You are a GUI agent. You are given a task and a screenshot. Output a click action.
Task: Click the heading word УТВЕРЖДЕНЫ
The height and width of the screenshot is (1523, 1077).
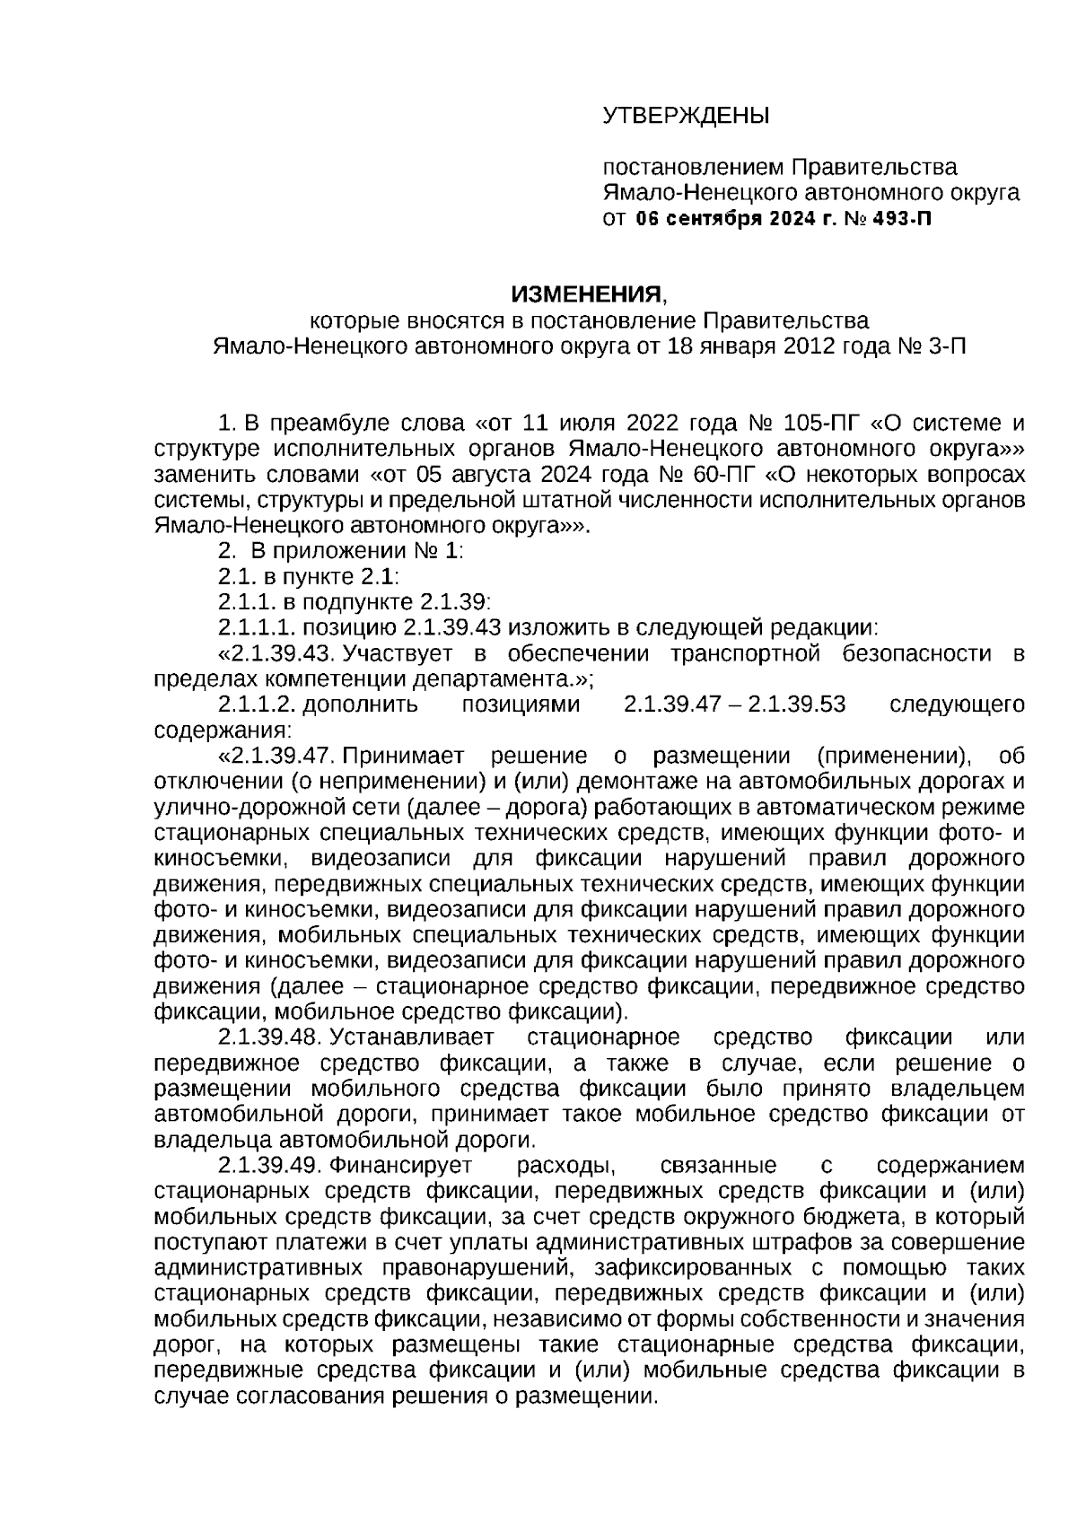[x=686, y=116]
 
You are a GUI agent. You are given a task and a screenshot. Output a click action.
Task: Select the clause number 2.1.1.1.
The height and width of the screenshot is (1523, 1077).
[x=256, y=627]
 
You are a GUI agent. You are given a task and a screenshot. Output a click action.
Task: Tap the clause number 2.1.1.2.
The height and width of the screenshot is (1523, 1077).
[x=256, y=704]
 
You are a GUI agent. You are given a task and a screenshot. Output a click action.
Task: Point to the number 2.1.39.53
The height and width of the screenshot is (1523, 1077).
[x=798, y=704]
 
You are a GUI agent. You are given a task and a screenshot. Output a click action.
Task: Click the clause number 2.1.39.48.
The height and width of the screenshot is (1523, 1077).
[x=270, y=1037]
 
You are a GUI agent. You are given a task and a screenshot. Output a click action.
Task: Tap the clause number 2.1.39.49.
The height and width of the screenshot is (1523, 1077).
[x=270, y=1166]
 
